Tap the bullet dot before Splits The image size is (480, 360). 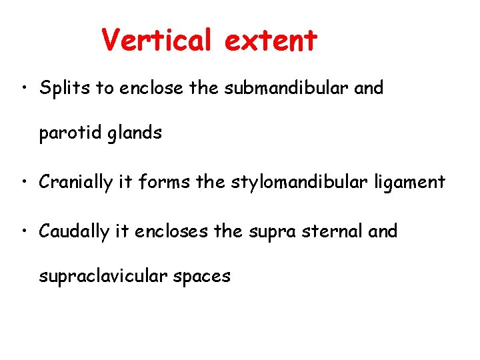point(23,89)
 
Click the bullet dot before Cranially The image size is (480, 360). point(23,182)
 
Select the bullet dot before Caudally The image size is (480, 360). point(23,232)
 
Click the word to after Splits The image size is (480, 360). point(105,88)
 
